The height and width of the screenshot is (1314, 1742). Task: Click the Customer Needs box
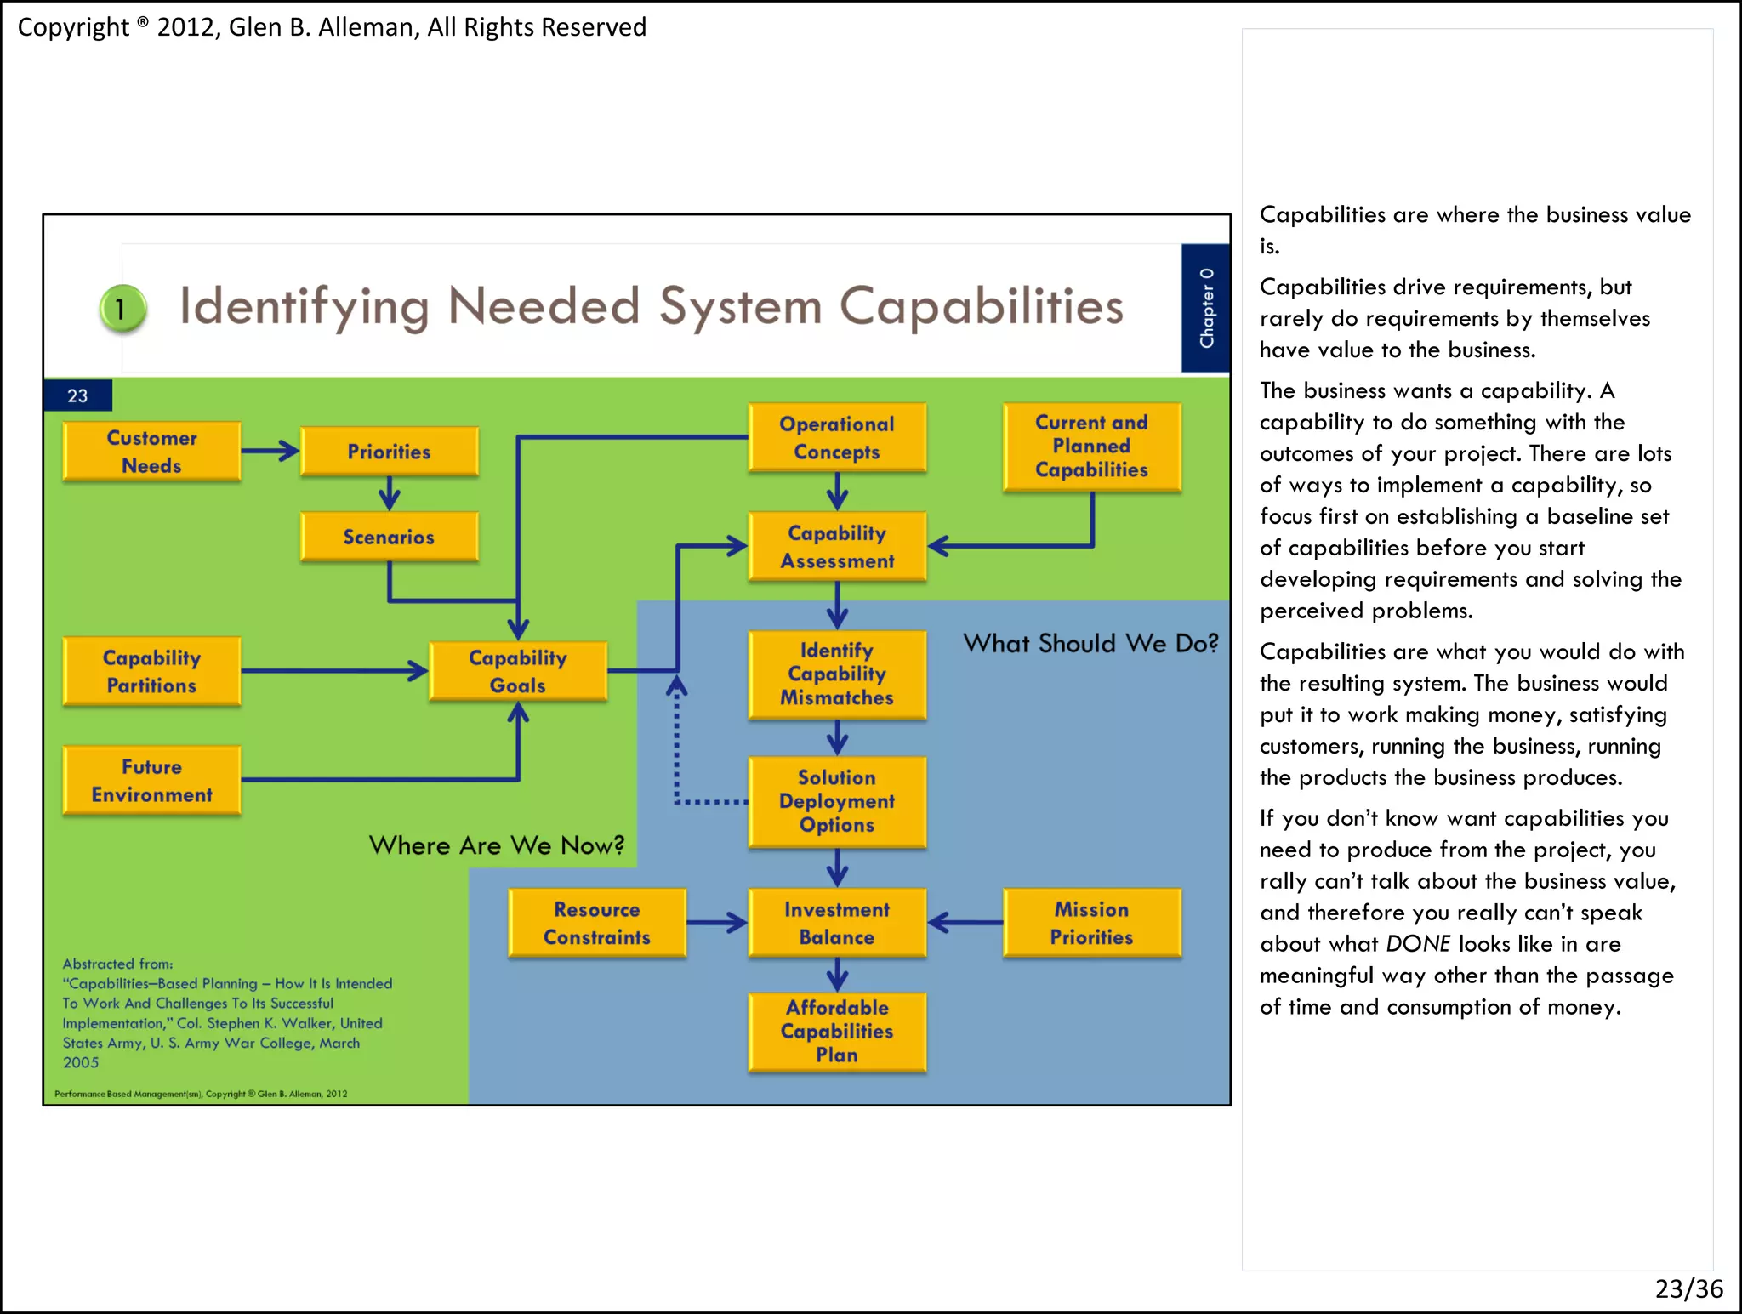pos(151,452)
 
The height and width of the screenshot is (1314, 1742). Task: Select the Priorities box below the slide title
pos(389,452)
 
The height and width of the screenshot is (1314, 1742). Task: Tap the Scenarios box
pos(389,537)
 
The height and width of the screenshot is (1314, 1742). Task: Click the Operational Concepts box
pos(836,438)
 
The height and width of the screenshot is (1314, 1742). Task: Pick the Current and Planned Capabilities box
pos(1091,447)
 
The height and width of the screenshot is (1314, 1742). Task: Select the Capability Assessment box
pos(836,547)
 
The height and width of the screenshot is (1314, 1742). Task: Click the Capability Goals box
pos(517,671)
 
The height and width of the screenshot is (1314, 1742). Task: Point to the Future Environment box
pos(151,781)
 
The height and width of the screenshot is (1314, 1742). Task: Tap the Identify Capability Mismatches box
pos(836,674)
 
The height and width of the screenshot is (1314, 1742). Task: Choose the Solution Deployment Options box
pos(836,801)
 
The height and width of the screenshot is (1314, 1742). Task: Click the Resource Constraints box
pos(596,923)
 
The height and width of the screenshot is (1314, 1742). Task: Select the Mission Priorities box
pos(1091,923)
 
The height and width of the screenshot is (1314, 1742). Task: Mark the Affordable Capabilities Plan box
pos(836,1031)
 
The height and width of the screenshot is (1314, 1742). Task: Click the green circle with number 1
pos(122,309)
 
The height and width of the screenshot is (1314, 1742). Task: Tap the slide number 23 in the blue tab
pos(77,395)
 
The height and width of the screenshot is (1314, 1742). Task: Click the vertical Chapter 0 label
pos(1205,308)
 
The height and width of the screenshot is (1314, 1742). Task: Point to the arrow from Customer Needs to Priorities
pos(270,451)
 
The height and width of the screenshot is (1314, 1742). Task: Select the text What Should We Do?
pos(1090,644)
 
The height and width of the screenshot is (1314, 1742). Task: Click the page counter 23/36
pos(1688,1288)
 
